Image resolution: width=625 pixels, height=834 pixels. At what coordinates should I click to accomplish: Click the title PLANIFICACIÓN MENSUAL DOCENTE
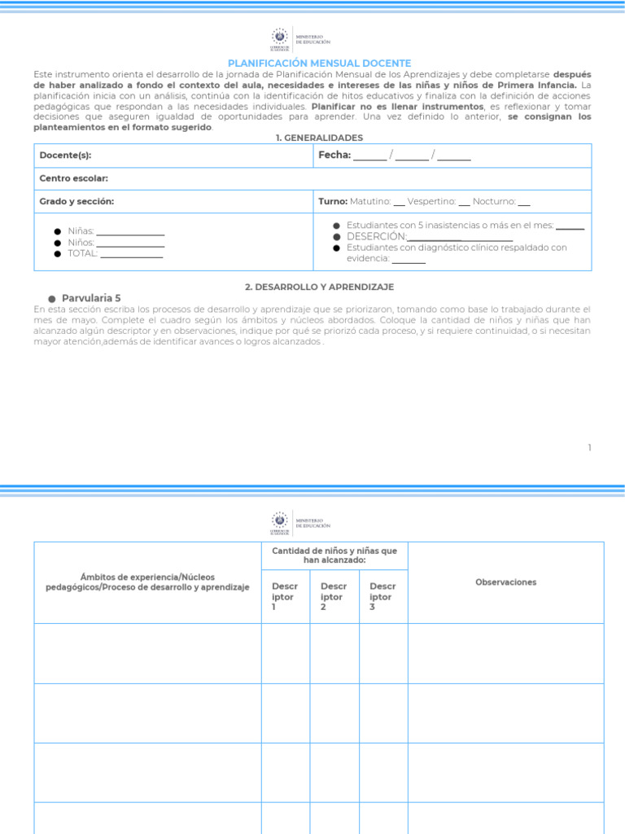tap(319, 63)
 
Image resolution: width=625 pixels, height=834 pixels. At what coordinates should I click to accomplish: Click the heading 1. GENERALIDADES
tap(319, 138)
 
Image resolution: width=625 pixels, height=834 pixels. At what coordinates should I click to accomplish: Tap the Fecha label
tap(334, 155)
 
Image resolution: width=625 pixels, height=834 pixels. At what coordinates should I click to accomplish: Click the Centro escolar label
tap(74, 178)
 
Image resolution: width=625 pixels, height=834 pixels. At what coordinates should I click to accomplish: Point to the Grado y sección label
tap(76, 201)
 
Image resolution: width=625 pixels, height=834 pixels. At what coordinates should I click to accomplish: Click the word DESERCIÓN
tap(376, 236)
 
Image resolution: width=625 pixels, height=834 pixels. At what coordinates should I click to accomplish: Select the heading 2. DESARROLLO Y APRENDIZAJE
tap(319, 287)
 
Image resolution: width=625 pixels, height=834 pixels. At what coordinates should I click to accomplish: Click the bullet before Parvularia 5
tap(51, 299)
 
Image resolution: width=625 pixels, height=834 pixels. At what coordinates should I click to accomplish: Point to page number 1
tap(589, 447)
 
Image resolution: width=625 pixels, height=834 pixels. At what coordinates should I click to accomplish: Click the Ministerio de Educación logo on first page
tap(300, 39)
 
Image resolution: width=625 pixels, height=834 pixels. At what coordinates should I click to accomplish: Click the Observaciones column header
tap(505, 582)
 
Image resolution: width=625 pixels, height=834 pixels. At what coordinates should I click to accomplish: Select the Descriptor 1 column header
tap(285, 596)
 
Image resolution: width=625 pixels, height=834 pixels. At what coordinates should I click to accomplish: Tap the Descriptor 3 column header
tap(382, 596)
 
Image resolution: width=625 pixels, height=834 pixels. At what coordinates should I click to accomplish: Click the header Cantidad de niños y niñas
tap(334, 555)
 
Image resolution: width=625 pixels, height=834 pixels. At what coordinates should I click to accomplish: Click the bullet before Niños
tap(58, 244)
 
